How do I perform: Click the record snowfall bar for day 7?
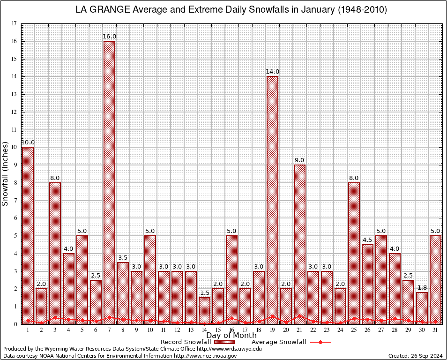[x=109, y=183]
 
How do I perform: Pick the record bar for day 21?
[x=299, y=244]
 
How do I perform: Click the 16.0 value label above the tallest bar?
[x=109, y=37]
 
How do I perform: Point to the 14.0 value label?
[x=272, y=72]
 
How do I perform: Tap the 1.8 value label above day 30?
[x=422, y=288]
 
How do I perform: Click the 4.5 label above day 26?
[x=367, y=240]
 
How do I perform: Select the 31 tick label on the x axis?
[x=435, y=330]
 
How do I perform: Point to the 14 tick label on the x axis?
[x=204, y=330]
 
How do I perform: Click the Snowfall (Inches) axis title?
[x=6, y=173]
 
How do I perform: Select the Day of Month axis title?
[x=231, y=336]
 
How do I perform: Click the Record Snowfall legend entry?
[x=185, y=342]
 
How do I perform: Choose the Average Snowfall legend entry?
[x=278, y=342]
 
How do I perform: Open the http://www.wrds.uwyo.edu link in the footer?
[x=229, y=349]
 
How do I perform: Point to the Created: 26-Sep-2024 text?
[x=416, y=356]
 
